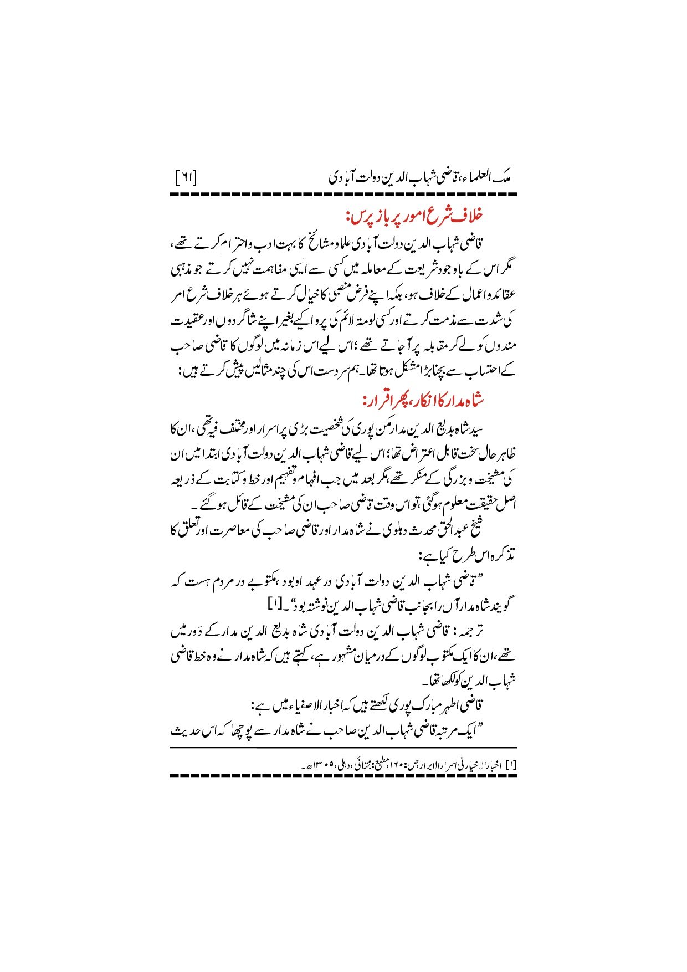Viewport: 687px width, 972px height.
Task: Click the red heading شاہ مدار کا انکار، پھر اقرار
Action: coord(423,399)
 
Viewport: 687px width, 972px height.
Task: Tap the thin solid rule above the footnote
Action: coord(343,748)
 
